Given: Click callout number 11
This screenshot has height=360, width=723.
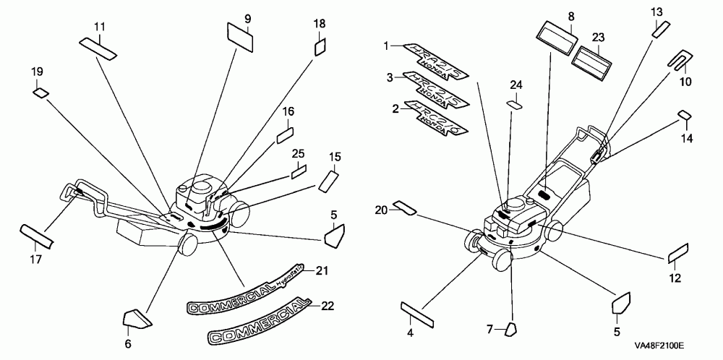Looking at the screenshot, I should click(x=100, y=27).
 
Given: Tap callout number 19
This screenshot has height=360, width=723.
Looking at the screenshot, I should click(x=37, y=72).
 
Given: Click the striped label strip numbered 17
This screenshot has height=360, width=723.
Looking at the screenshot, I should click(x=37, y=235).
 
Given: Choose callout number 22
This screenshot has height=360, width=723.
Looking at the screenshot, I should click(x=328, y=307).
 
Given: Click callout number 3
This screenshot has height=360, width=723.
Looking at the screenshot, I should click(x=388, y=77).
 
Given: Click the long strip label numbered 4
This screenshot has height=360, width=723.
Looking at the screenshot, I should click(x=416, y=312).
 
